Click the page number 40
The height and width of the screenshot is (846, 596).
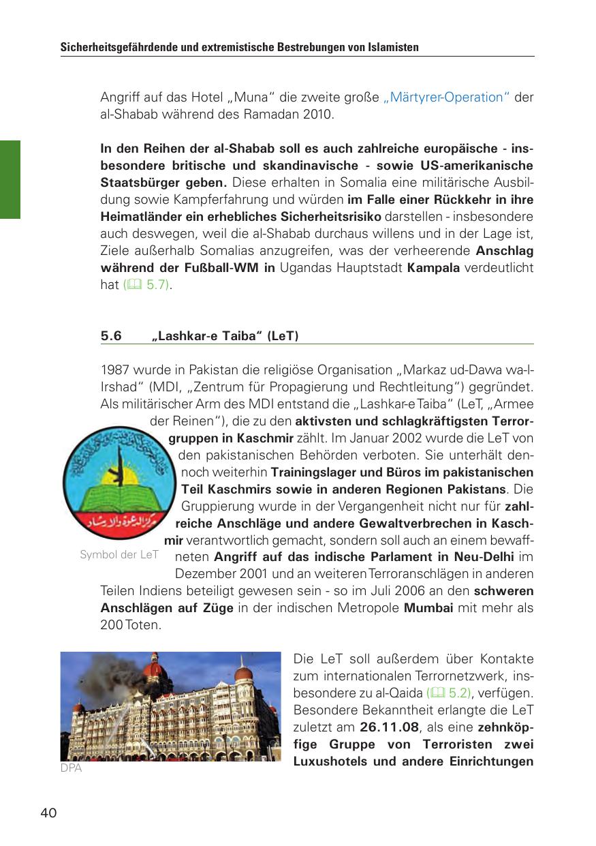48,813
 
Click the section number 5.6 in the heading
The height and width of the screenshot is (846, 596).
111,336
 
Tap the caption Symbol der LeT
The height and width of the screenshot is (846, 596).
119,554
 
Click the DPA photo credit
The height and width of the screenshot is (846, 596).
71,768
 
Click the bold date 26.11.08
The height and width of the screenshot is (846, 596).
388,727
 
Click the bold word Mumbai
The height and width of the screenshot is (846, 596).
428,607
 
